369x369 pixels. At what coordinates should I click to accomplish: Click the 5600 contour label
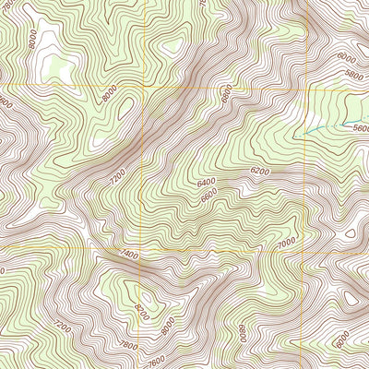tap(359, 130)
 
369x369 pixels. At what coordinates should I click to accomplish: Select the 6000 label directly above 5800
tap(347, 57)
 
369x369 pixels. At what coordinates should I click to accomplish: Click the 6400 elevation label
tap(206, 184)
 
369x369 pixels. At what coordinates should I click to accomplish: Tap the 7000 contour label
tap(286, 241)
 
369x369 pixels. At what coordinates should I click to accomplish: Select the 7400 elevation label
tap(129, 254)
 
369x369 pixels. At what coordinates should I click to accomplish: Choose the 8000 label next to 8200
tap(167, 324)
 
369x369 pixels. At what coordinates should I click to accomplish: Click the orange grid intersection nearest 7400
tap(143, 248)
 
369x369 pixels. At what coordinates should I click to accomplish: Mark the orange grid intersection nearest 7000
tap(304, 248)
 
